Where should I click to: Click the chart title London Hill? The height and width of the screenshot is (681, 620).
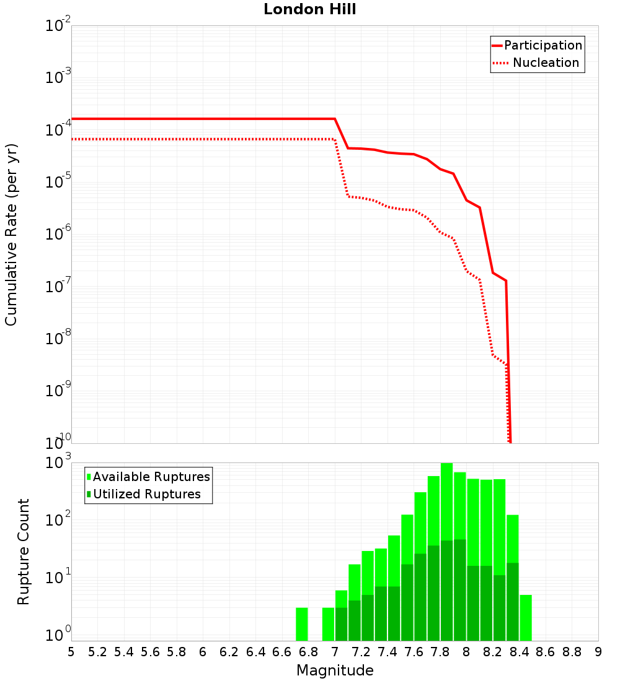(309, 10)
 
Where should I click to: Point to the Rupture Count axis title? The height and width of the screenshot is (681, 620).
(24, 552)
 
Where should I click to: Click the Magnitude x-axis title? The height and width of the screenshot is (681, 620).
(335, 670)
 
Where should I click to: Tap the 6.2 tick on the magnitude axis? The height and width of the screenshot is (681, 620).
(229, 652)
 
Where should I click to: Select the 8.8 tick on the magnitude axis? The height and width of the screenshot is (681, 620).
(572, 652)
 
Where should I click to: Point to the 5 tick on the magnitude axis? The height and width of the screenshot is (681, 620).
(71, 652)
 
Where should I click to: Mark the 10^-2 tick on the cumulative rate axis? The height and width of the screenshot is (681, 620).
(58, 26)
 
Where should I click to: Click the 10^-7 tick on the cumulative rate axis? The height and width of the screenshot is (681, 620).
(58, 287)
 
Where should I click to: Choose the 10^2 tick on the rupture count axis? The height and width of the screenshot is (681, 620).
(58, 520)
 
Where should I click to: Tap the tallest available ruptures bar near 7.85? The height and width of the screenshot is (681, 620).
(446, 551)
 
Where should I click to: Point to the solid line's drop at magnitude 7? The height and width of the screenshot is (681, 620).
(341, 133)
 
